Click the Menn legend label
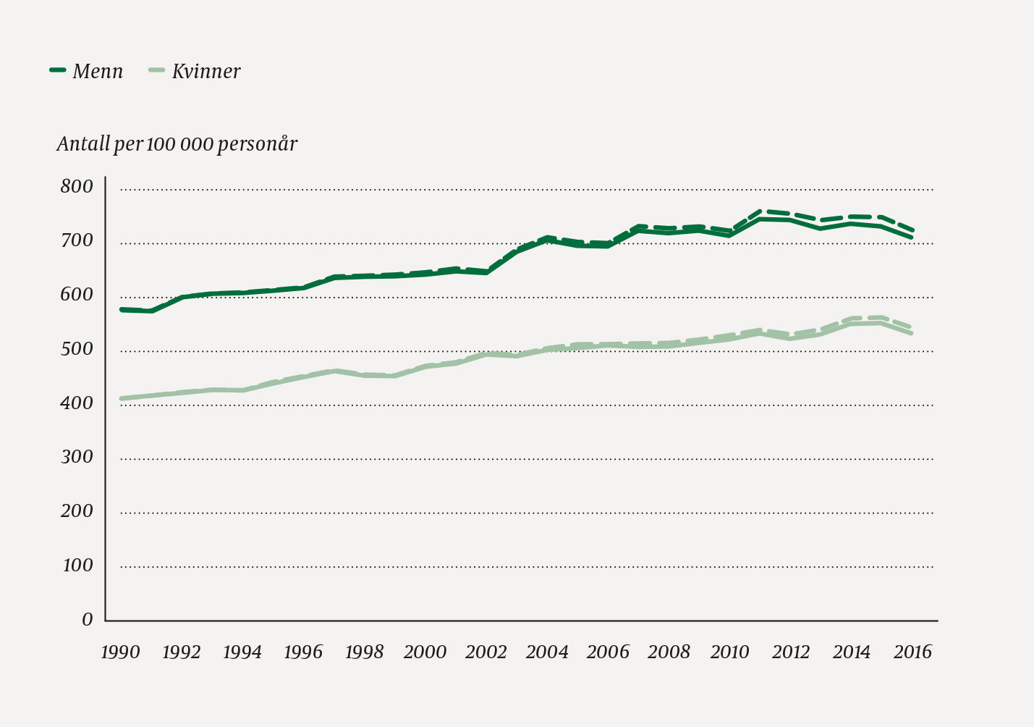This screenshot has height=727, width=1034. click(98, 71)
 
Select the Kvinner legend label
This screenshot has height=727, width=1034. click(206, 71)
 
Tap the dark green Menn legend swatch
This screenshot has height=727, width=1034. click(58, 70)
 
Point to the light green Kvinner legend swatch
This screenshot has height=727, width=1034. click(157, 70)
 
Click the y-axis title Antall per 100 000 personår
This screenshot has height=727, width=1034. click(177, 144)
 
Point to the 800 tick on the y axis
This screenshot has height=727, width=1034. click(77, 187)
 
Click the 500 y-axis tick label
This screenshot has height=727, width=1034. click(77, 349)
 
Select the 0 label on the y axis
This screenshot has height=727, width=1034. click(88, 619)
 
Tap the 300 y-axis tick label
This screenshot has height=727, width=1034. click(77, 457)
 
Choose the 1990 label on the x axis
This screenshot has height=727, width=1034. click(120, 652)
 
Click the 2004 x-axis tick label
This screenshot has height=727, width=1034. click(547, 652)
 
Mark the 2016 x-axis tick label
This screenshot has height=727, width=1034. click(912, 652)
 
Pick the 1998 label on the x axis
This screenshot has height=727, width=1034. click(364, 652)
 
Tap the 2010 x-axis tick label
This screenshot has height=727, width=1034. click(729, 652)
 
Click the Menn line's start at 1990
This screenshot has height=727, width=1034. click(122, 309)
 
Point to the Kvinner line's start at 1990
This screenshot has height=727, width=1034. click(122, 398)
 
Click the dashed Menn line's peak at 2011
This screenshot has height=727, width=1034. click(760, 211)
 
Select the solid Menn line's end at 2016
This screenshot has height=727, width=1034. click(912, 238)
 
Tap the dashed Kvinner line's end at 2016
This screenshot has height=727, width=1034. click(912, 327)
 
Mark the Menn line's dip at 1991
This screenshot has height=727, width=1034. click(152, 311)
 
